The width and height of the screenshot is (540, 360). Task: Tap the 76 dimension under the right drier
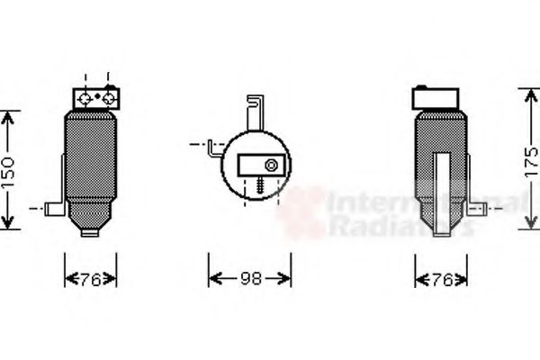click(x=441, y=279)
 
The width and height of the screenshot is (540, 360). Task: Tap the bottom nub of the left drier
click(x=91, y=232)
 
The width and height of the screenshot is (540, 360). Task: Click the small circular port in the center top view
click(x=269, y=165)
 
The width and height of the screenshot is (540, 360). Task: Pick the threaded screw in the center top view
click(x=258, y=184)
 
